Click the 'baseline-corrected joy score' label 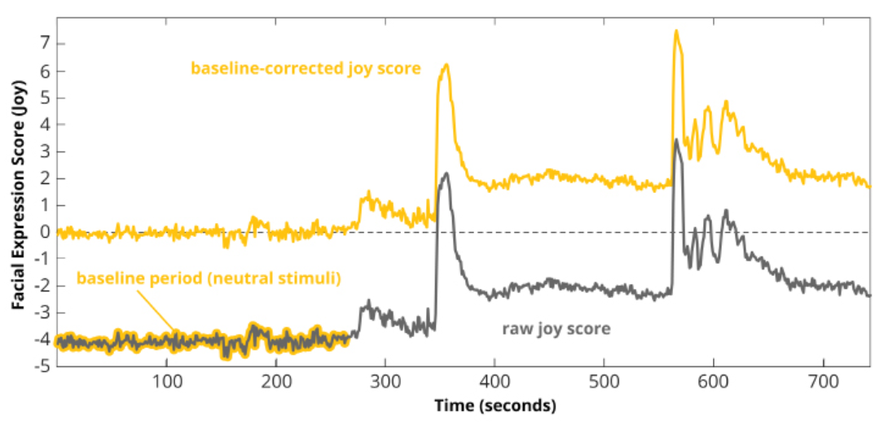pyautogui.click(x=306, y=68)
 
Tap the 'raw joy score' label pyautogui.click(x=556, y=329)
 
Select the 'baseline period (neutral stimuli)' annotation pyautogui.click(x=209, y=278)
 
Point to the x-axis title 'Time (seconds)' pyautogui.click(x=495, y=405)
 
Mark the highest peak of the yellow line pyautogui.click(x=676, y=31)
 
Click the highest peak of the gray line pyautogui.click(x=676, y=140)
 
